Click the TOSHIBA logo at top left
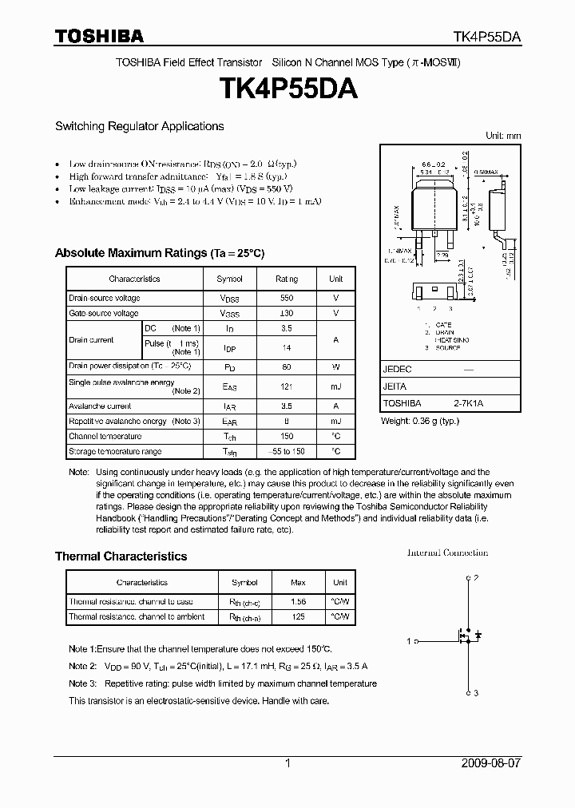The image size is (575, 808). [x=99, y=36]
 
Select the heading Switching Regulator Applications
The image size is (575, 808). [x=139, y=126]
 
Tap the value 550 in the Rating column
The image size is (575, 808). [x=287, y=298]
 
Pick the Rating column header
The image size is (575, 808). [x=287, y=279]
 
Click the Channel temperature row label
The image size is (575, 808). [x=105, y=436]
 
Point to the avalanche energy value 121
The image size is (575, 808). [x=287, y=386]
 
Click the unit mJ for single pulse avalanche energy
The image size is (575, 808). [x=335, y=386]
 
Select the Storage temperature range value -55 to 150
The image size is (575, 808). [x=287, y=451]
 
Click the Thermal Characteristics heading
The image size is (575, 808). [x=121, y=556]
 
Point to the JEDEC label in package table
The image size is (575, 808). [x=397, y=370]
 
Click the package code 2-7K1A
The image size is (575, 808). [x=469, y=403]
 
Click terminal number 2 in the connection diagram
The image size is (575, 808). [x=476, y=577]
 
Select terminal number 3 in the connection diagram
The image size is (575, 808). [x=476, y=693]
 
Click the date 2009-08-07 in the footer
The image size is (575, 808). [x=491, y=763]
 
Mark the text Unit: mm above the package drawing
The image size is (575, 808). [x=502, y=136]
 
